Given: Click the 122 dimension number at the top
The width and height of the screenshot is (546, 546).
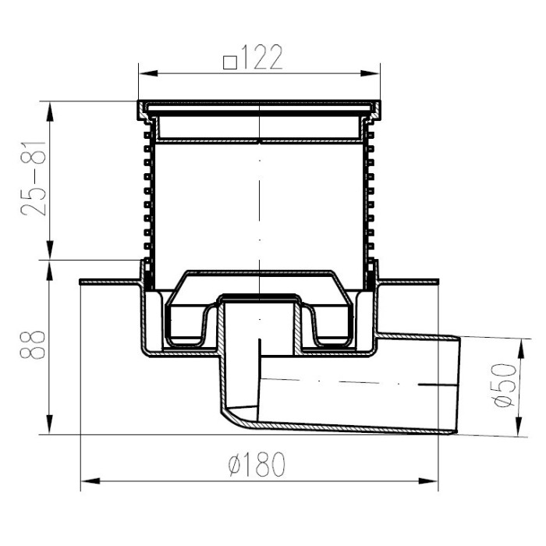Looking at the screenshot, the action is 261,57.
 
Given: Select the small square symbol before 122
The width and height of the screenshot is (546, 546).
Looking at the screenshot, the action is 230,62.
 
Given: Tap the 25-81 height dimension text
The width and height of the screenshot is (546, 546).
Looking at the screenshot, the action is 34,179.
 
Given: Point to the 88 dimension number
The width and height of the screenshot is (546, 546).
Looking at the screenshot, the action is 33,345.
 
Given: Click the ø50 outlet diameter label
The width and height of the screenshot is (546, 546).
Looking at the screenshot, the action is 505,385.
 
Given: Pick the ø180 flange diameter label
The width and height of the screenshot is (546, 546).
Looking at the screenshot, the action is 257,465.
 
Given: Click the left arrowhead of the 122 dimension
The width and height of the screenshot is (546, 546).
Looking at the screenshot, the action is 148,73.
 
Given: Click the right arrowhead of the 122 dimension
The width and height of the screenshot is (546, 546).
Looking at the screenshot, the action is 370,73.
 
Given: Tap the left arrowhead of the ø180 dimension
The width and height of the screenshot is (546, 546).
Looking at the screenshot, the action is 90,481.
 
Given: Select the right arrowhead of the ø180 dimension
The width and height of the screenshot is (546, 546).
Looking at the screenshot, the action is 428,481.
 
